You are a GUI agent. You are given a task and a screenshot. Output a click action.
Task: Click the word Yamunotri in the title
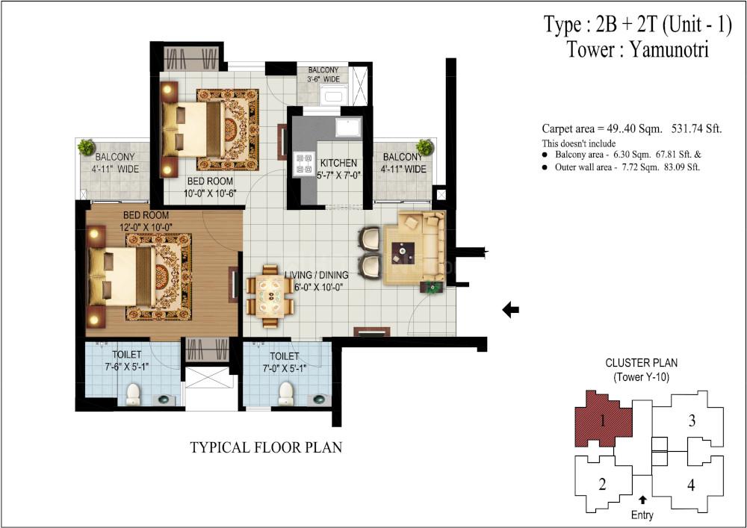tap(669, 49)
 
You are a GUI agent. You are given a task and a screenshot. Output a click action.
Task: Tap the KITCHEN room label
tap(338, 162)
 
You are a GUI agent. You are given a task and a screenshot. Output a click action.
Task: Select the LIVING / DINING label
tap(316, 275)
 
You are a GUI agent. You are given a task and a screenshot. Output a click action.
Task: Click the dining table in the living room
tap(270, 296)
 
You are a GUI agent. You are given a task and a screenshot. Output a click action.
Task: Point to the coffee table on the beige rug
tap(403, 253)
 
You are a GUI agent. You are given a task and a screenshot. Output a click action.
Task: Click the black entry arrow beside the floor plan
tap(511, 310)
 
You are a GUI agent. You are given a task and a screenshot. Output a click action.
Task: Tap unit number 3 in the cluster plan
tap(692, 421)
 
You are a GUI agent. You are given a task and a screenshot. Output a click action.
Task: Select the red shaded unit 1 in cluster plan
tap(603, 420)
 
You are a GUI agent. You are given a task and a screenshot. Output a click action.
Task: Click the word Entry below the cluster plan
tap(642, 515)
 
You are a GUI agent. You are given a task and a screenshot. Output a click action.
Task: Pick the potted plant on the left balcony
tap(86, 147)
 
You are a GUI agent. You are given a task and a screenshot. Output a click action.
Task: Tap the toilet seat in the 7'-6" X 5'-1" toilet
tap(133, 394)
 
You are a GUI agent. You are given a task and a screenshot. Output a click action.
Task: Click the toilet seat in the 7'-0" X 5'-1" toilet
tap(286, 394)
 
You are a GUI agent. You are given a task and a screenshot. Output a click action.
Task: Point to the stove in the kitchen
tap(302, 163)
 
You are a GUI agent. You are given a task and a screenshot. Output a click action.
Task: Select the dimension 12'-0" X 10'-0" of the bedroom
tap(146, 228)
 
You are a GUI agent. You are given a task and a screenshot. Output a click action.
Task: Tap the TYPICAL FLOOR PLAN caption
tap(267, 447)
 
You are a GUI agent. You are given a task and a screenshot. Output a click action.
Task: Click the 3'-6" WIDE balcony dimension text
tap(323, 79)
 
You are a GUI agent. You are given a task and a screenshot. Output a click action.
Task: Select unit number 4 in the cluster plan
tap(691, 485)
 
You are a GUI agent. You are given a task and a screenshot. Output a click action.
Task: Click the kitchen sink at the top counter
tap(348, 127)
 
